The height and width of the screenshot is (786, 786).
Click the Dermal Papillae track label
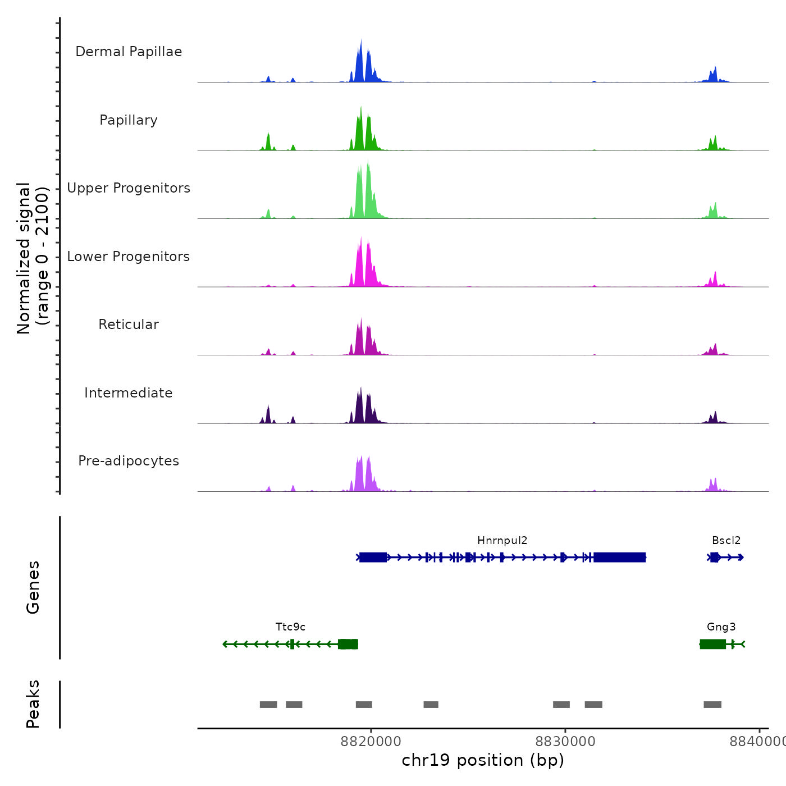click(x=129, y=52)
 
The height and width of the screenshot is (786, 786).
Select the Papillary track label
click(x=129, y=120)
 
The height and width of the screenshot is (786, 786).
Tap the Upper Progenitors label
click(x=129, y=188)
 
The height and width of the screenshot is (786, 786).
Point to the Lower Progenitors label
click(x=129, y=257)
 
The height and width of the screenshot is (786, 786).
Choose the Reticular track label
click(x=129, y=325)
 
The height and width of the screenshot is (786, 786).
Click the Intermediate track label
click(x=129, y=393)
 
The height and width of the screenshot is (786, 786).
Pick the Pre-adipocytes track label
click(x=129, y=461)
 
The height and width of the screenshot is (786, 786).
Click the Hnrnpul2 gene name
click(x=502, y=541)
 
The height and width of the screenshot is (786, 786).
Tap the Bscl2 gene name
click(x=726, y=541)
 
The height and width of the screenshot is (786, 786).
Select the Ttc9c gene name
click(x=290, y=627)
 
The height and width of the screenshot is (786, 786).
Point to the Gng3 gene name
click(x=721, y=627)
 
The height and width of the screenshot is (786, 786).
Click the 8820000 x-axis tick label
click(x=371, y=742)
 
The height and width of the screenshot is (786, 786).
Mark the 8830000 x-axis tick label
click(x=565, y=742)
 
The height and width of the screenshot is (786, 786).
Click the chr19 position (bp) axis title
click(x=483, y=760)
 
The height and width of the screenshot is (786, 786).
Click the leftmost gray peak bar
click(x=268, y=705)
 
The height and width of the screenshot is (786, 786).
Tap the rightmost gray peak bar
click(x=712, y=705)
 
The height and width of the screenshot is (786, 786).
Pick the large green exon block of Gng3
click(x=712, y=644)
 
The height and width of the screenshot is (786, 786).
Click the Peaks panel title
click(x=33, y=704)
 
